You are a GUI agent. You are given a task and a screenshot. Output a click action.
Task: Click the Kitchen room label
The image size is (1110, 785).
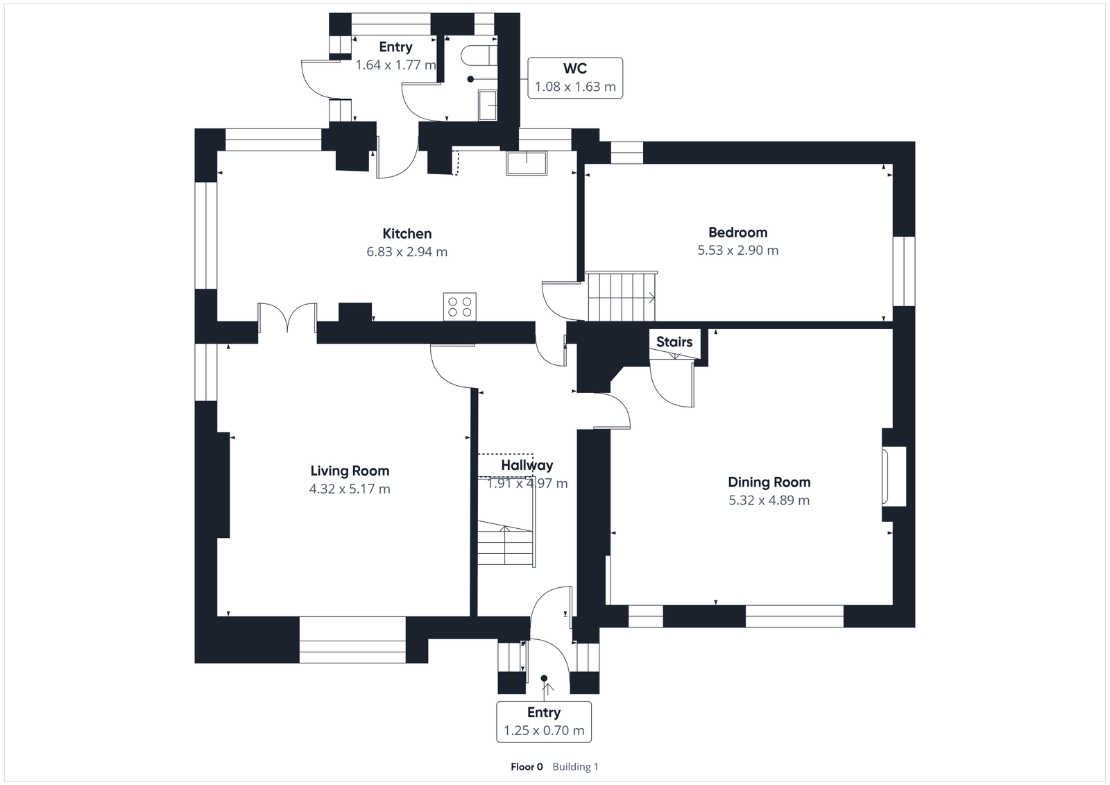pyautogui.click(x=407, y=234)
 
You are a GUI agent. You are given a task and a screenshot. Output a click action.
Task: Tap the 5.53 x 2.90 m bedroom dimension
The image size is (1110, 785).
pyautogui.click(x=737, y=251)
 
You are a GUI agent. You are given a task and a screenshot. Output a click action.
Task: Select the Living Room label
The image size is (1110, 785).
pyautogui.click(x=350, y=471)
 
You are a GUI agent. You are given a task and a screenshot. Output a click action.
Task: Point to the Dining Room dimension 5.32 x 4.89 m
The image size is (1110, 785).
pyautogui.click(x=769, y=500)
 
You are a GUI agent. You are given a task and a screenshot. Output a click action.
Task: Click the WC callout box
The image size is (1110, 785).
pyautogui.click(x=575, y=78)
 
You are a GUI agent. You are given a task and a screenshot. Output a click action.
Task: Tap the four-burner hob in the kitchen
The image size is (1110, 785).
pyautogui.click(x=460, y=306)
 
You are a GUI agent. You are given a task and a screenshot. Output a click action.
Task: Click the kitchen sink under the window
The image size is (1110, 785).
pyautogui.click(x=527, y=163)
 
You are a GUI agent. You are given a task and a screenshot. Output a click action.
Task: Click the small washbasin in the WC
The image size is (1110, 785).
pyautogui.click(x=488, y=105)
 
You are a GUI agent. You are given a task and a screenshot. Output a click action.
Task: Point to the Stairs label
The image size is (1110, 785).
pyautogui.click(x=674, y=342)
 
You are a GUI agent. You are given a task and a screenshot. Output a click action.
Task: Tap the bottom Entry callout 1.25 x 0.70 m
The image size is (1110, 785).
pyautogui.click(x=544, y=721)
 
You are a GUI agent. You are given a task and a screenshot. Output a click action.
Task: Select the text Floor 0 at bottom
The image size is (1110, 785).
pyautogui.click(x=527, y=767)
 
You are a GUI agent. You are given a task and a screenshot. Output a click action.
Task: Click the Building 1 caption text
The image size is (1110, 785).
pyautogui.click(x=575, y=767)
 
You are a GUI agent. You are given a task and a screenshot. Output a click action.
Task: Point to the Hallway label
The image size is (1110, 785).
pyautogui.click(x=527, y=466)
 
